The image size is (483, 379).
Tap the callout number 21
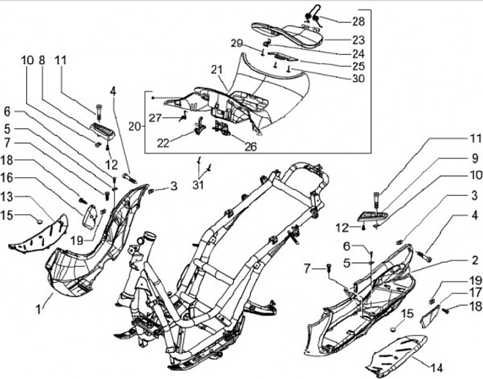[x=215, y=70]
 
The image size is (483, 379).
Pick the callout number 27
[x=156, y=118]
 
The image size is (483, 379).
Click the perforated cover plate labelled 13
[x=42, y=234]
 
